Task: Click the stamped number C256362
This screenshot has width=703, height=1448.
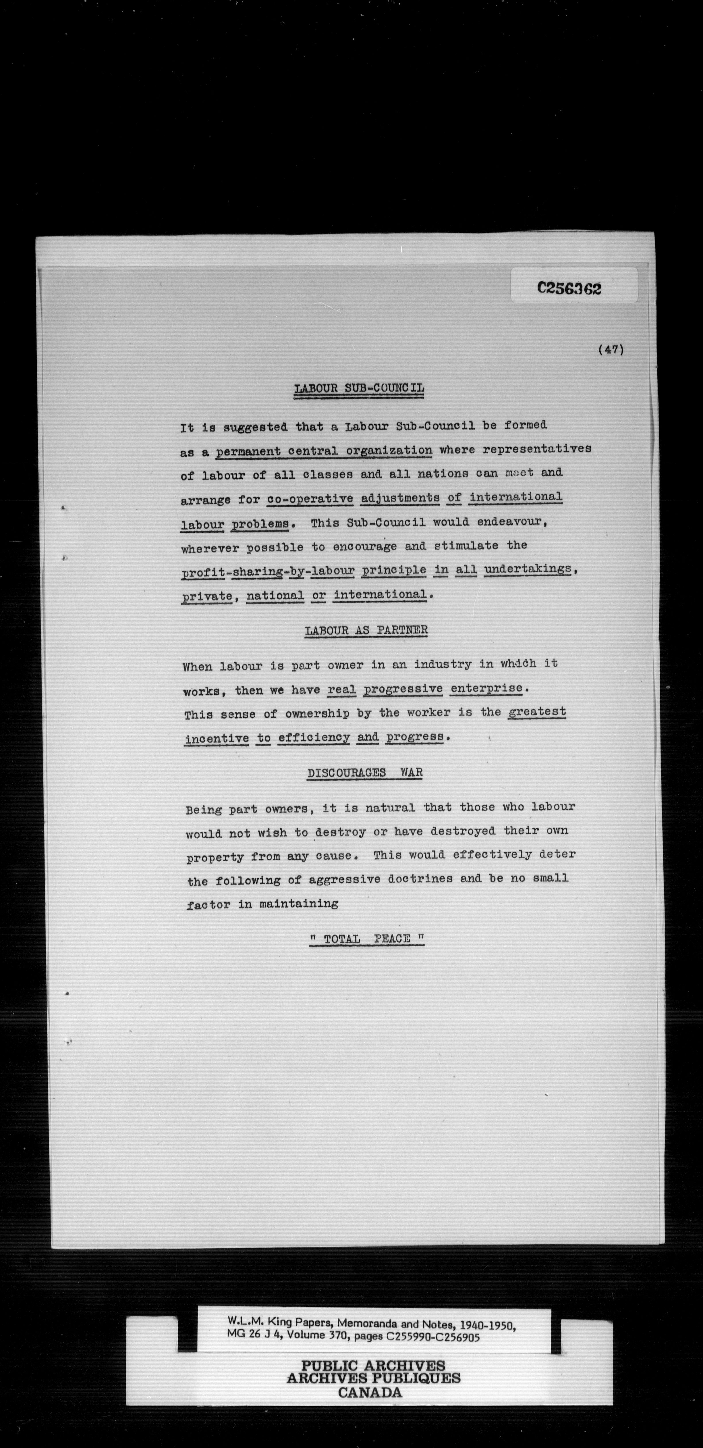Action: [569, 288]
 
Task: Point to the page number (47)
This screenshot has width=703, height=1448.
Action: [611, 349]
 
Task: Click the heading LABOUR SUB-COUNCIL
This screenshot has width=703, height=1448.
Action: [359, 388]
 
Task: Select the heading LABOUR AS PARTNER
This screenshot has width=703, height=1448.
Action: [366, 630]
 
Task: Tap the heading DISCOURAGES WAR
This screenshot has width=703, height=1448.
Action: [365, 773]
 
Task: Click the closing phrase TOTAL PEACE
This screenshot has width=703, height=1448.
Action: [367, 939]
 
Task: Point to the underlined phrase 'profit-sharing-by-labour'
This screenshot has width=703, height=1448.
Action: [268, 571]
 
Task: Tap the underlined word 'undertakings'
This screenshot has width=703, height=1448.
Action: [528, 569]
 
